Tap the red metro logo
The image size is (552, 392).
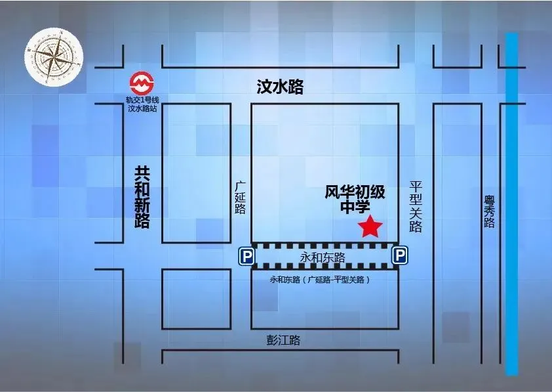pos(142,83)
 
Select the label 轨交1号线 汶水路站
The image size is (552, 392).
pos(142,104)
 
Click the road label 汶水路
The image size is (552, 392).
pos(281,87)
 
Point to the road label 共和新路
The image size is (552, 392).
pos(142,196)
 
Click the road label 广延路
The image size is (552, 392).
pos(240,198)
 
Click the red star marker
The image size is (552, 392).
pos(370,227)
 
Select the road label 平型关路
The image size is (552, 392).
pos(415,207)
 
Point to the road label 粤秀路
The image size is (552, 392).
pos(489,210)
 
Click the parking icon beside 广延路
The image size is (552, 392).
pos(246,256)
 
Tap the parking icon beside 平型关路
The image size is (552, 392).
pos(399,256)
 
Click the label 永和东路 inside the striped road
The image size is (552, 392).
pos(322,257)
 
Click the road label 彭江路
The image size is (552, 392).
pos(283,340)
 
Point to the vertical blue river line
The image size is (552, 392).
pos(511,204)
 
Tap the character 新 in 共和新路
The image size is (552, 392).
pos(142,205)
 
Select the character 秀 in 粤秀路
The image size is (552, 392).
pos(489,210)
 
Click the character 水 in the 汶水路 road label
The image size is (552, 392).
pos(281,87)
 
